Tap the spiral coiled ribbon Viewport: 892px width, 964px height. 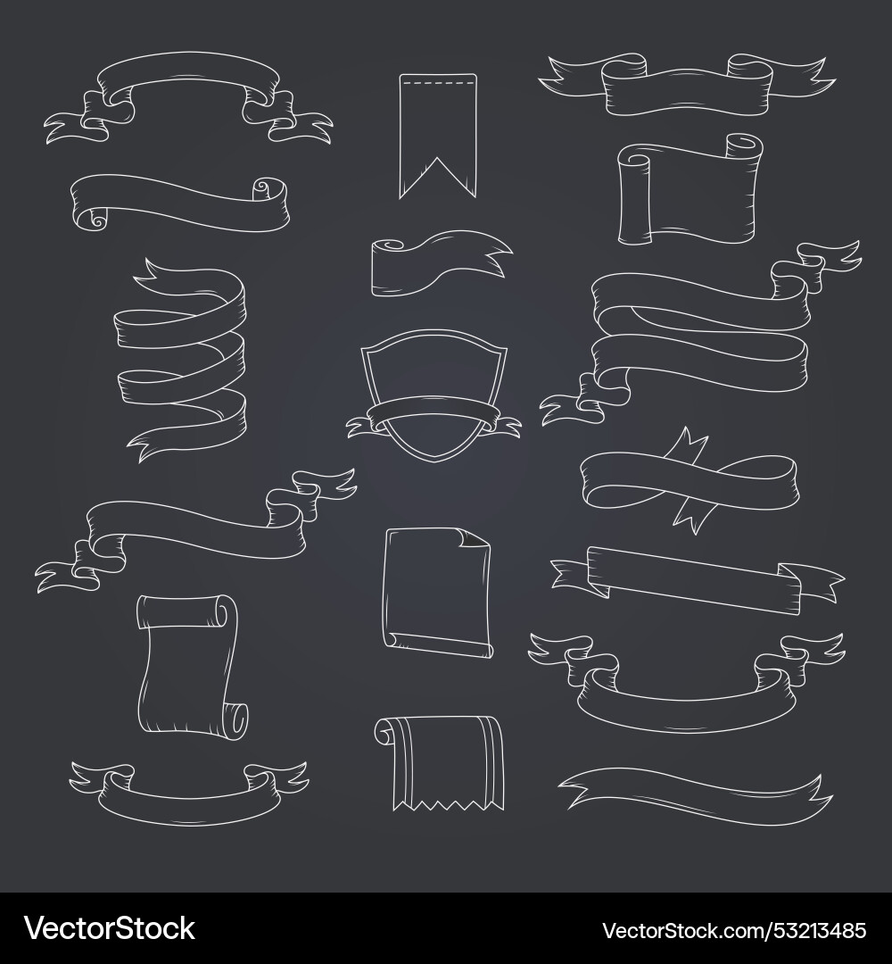click(x=183, y=357)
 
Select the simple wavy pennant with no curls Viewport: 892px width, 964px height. click(x=696, y=790)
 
